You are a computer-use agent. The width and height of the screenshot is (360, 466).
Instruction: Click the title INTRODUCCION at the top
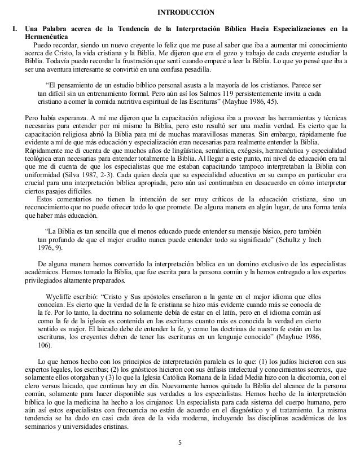coord(181,12)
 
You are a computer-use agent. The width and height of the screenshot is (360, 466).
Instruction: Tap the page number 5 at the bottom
coord(180,456)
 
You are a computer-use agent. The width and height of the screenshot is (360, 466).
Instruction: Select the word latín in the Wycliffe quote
coord(203,313)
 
